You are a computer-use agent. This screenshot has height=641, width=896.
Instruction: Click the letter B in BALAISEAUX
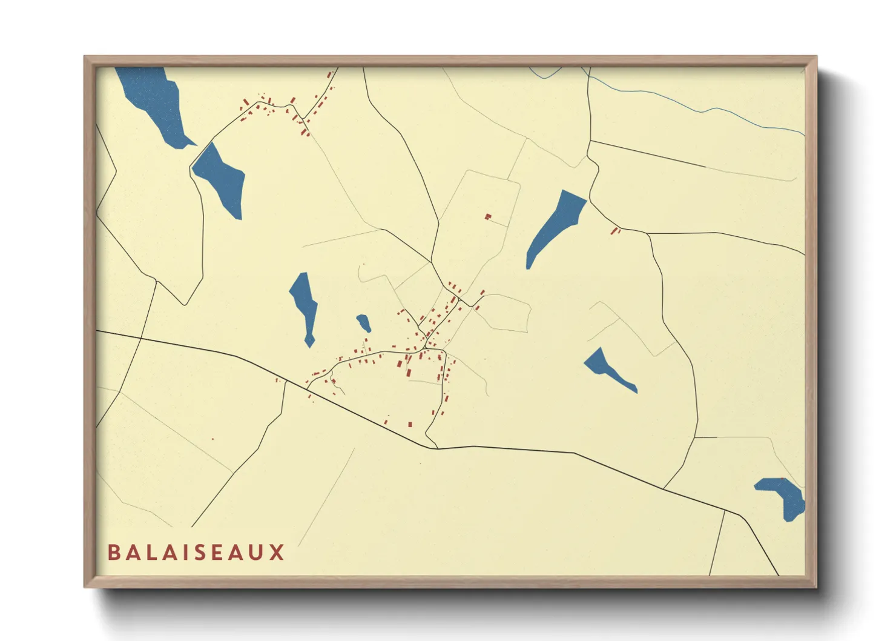coord(113,553)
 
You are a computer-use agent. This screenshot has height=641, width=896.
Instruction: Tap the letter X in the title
coord(277,553)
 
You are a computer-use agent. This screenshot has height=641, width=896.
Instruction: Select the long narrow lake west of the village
coord(305,306)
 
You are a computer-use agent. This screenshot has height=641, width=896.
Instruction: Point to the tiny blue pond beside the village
coord(363,322)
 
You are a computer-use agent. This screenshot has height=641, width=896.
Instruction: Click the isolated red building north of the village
coord(487,216)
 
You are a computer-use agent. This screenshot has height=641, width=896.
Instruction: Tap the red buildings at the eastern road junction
coord(616,230)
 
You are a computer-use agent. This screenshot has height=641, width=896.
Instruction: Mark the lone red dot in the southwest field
coord(212,439)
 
